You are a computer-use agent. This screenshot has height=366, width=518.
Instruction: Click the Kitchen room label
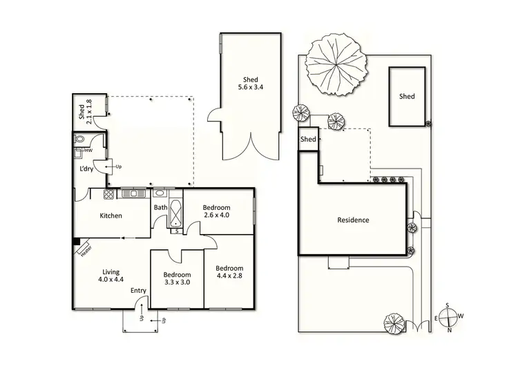(x=111, y=215)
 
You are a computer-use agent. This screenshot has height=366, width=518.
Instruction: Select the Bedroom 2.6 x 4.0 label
(x=216, y=212)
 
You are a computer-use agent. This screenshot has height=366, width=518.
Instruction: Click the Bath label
(x=160, y=207)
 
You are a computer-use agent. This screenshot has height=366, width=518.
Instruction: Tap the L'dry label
(x=86, y=169)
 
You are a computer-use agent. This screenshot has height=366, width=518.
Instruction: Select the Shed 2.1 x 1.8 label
(x=84, y=111)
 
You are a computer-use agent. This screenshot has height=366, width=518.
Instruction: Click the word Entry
(x=138, y=291)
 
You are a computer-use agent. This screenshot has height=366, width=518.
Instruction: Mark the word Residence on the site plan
(x=353, y=220)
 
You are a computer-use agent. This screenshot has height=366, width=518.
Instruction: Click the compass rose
(x=449, y=317)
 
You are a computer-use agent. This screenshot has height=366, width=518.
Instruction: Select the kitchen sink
(x=131, y=193)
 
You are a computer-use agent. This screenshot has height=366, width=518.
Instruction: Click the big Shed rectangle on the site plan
(x=407, y=97)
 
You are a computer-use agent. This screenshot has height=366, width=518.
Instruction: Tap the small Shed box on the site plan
(x=308, y=139)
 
